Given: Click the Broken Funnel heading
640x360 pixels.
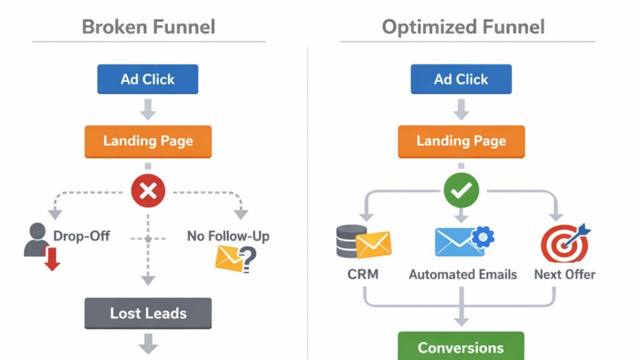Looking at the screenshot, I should (149, 27).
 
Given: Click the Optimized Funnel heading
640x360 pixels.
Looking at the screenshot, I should (463, 27).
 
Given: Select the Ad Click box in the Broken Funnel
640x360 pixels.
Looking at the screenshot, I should (148, 79).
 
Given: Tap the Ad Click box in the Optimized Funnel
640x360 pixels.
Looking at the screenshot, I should (461, 79).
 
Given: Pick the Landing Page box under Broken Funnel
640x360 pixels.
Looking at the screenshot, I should (148, 141).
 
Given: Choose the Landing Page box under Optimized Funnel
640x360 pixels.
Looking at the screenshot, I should (461, 141).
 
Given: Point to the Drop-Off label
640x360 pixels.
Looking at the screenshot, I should (82, 236).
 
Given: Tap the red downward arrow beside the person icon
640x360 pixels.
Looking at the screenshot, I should (52, 258).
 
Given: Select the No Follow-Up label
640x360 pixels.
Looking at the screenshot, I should (228, 236).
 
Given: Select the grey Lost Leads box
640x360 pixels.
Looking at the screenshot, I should (148, 313).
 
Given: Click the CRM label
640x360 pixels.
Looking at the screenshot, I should (363, 274).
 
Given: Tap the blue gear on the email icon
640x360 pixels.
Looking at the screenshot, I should (482, 237).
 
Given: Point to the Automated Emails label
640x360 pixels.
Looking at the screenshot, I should (462, 274).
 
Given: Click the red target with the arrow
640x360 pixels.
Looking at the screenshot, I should (564, 242).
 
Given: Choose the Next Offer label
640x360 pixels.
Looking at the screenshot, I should (564, 274).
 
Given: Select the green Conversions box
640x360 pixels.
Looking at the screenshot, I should (461, 347).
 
